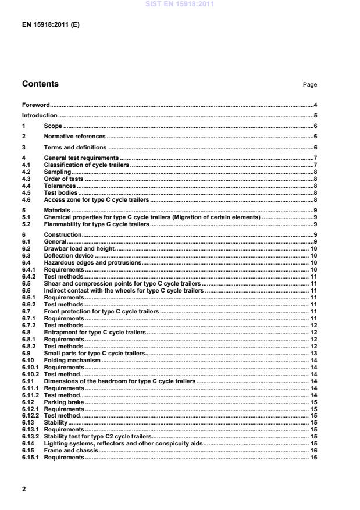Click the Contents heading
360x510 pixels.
(x=40, y=84)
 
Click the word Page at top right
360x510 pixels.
(x=309, y=85)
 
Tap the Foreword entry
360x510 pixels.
(x=36, y=105)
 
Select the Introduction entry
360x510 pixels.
(x=40, y=116)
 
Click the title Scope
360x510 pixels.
(x=53, y=126)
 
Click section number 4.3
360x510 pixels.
(x=26, y=179)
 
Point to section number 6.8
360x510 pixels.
(x=26, y=332)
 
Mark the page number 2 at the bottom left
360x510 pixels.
(x=24, y=489)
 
